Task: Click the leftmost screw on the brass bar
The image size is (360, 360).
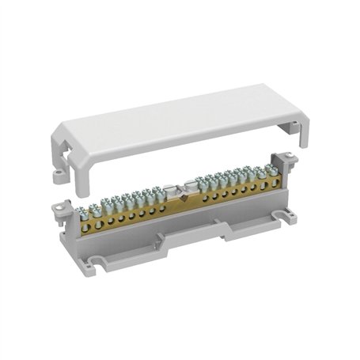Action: pos(82,211)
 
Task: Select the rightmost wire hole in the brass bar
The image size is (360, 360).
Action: pos(275,184)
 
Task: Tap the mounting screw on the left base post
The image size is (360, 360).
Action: pos(58,207)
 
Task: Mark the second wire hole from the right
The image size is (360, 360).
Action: pos(265,187)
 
